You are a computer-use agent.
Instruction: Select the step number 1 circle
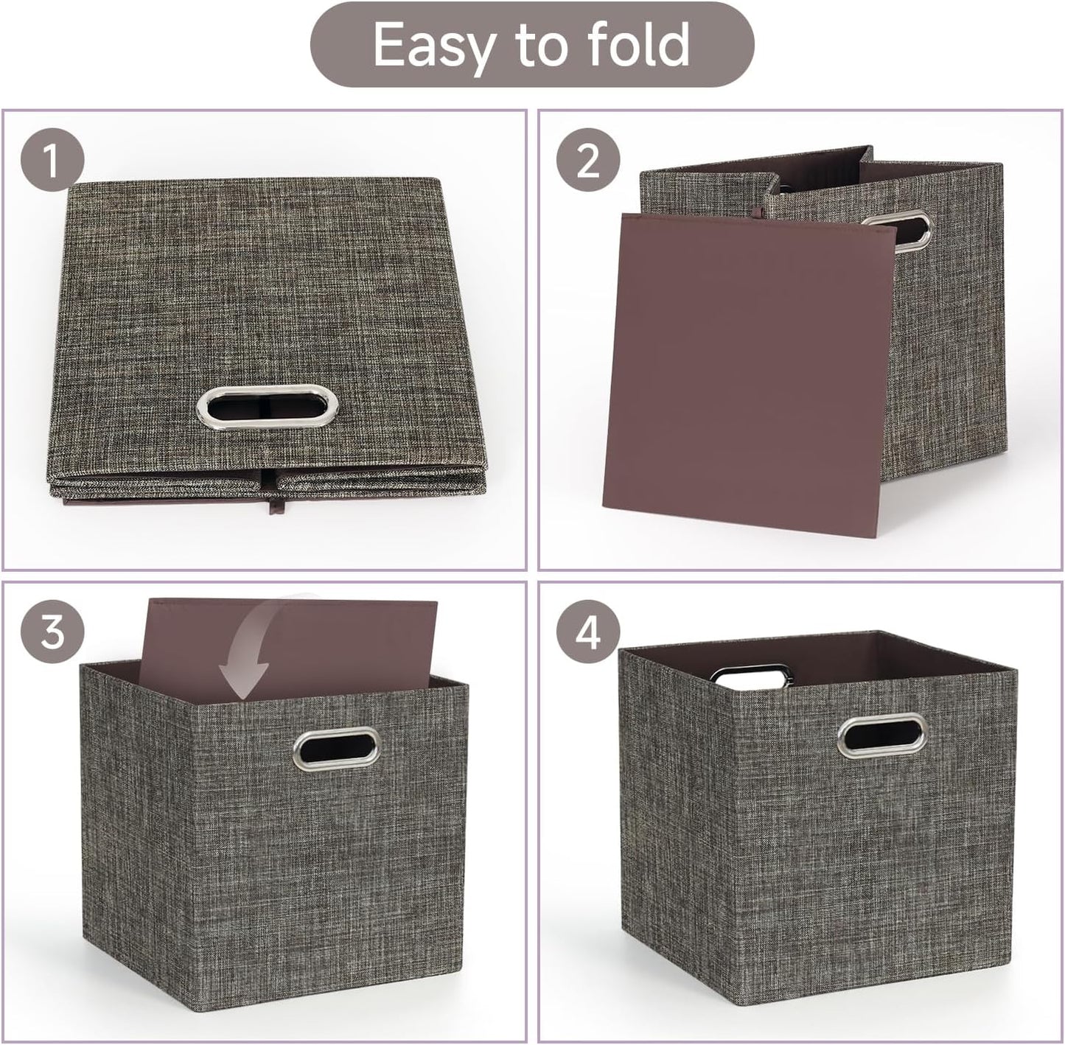[x=52, y=161]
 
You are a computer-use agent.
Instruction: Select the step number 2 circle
[x=587, y=161]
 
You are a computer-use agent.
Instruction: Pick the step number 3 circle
[x=52, y=632]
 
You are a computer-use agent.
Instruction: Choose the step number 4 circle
[x=587, y=632]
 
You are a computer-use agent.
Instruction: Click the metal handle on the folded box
[x=268, y=407]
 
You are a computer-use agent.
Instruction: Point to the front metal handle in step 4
[x=882, y=735]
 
